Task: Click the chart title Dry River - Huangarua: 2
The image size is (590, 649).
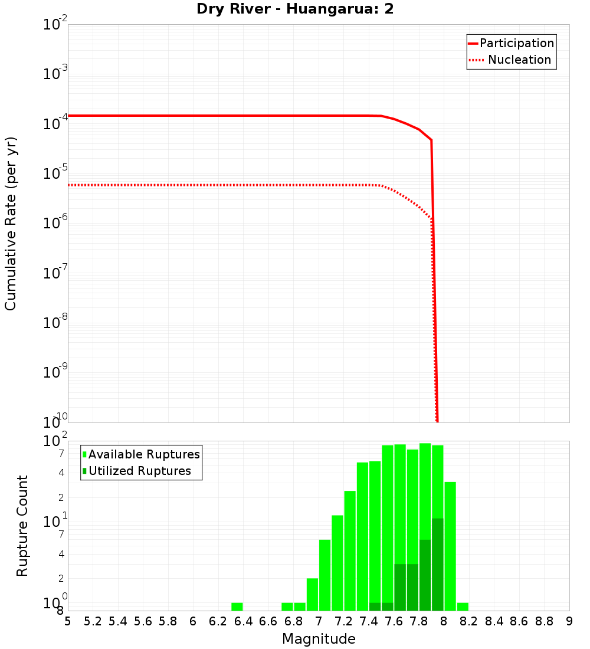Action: (x=294, y=9)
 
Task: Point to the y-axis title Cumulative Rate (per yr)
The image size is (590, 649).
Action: (x=11, y=224)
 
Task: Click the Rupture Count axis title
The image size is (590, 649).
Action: (x=22, y=526)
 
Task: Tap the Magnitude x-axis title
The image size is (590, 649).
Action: (x=319, y=639)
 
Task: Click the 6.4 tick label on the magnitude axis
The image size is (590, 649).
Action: (x=243, y=621)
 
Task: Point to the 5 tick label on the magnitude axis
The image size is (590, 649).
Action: (x=68, y=621)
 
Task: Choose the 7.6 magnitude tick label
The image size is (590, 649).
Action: (x=394, y=621)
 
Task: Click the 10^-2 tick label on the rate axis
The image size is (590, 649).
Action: (x=55, y=25)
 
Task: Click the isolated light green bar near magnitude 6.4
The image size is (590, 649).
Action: (x=237, y=607)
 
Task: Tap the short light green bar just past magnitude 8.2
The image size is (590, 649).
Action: (x=463, y=607)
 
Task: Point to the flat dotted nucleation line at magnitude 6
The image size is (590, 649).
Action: (x=193, y=185)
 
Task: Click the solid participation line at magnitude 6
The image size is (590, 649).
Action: (x=193, y=116)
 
